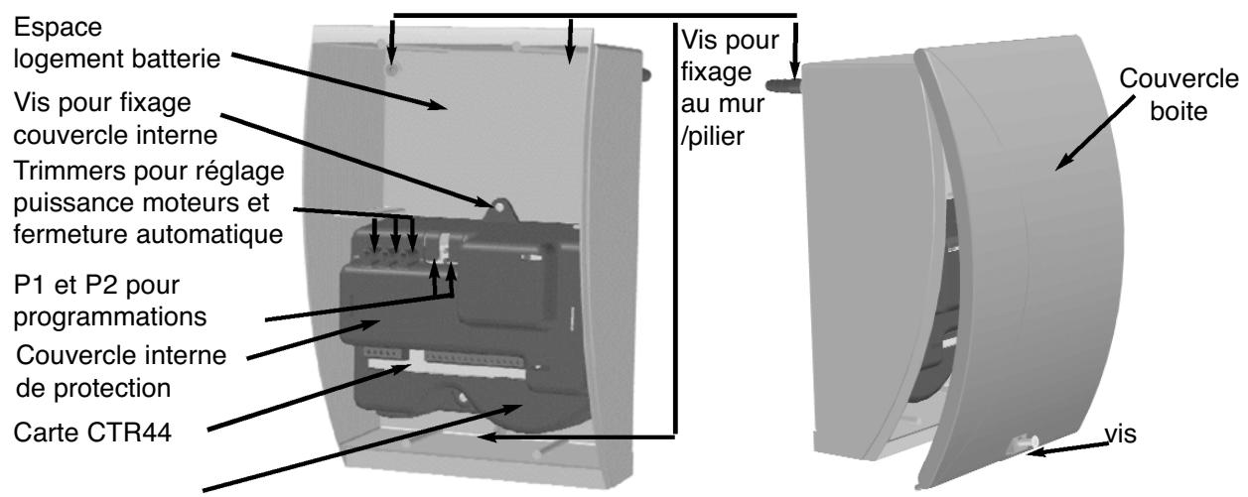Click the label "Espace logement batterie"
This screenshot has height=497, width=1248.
(117, 44)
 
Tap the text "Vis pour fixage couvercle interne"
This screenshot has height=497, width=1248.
(115, 119)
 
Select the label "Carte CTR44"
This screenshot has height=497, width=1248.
(92, 433)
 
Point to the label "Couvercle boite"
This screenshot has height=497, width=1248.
(1179, 95)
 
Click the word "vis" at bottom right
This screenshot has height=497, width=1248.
(1120, 434)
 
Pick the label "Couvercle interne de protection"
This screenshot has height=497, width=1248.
(121, 371)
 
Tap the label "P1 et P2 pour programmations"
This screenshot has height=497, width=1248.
(110, 302)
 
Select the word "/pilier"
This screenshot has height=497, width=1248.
(712, 136)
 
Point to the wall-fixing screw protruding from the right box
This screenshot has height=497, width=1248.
(782, 85)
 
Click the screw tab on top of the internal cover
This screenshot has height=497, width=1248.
(499, 207)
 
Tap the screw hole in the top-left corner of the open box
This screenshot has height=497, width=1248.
(392, 69)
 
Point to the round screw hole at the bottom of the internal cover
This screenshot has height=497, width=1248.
(462, 398)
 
